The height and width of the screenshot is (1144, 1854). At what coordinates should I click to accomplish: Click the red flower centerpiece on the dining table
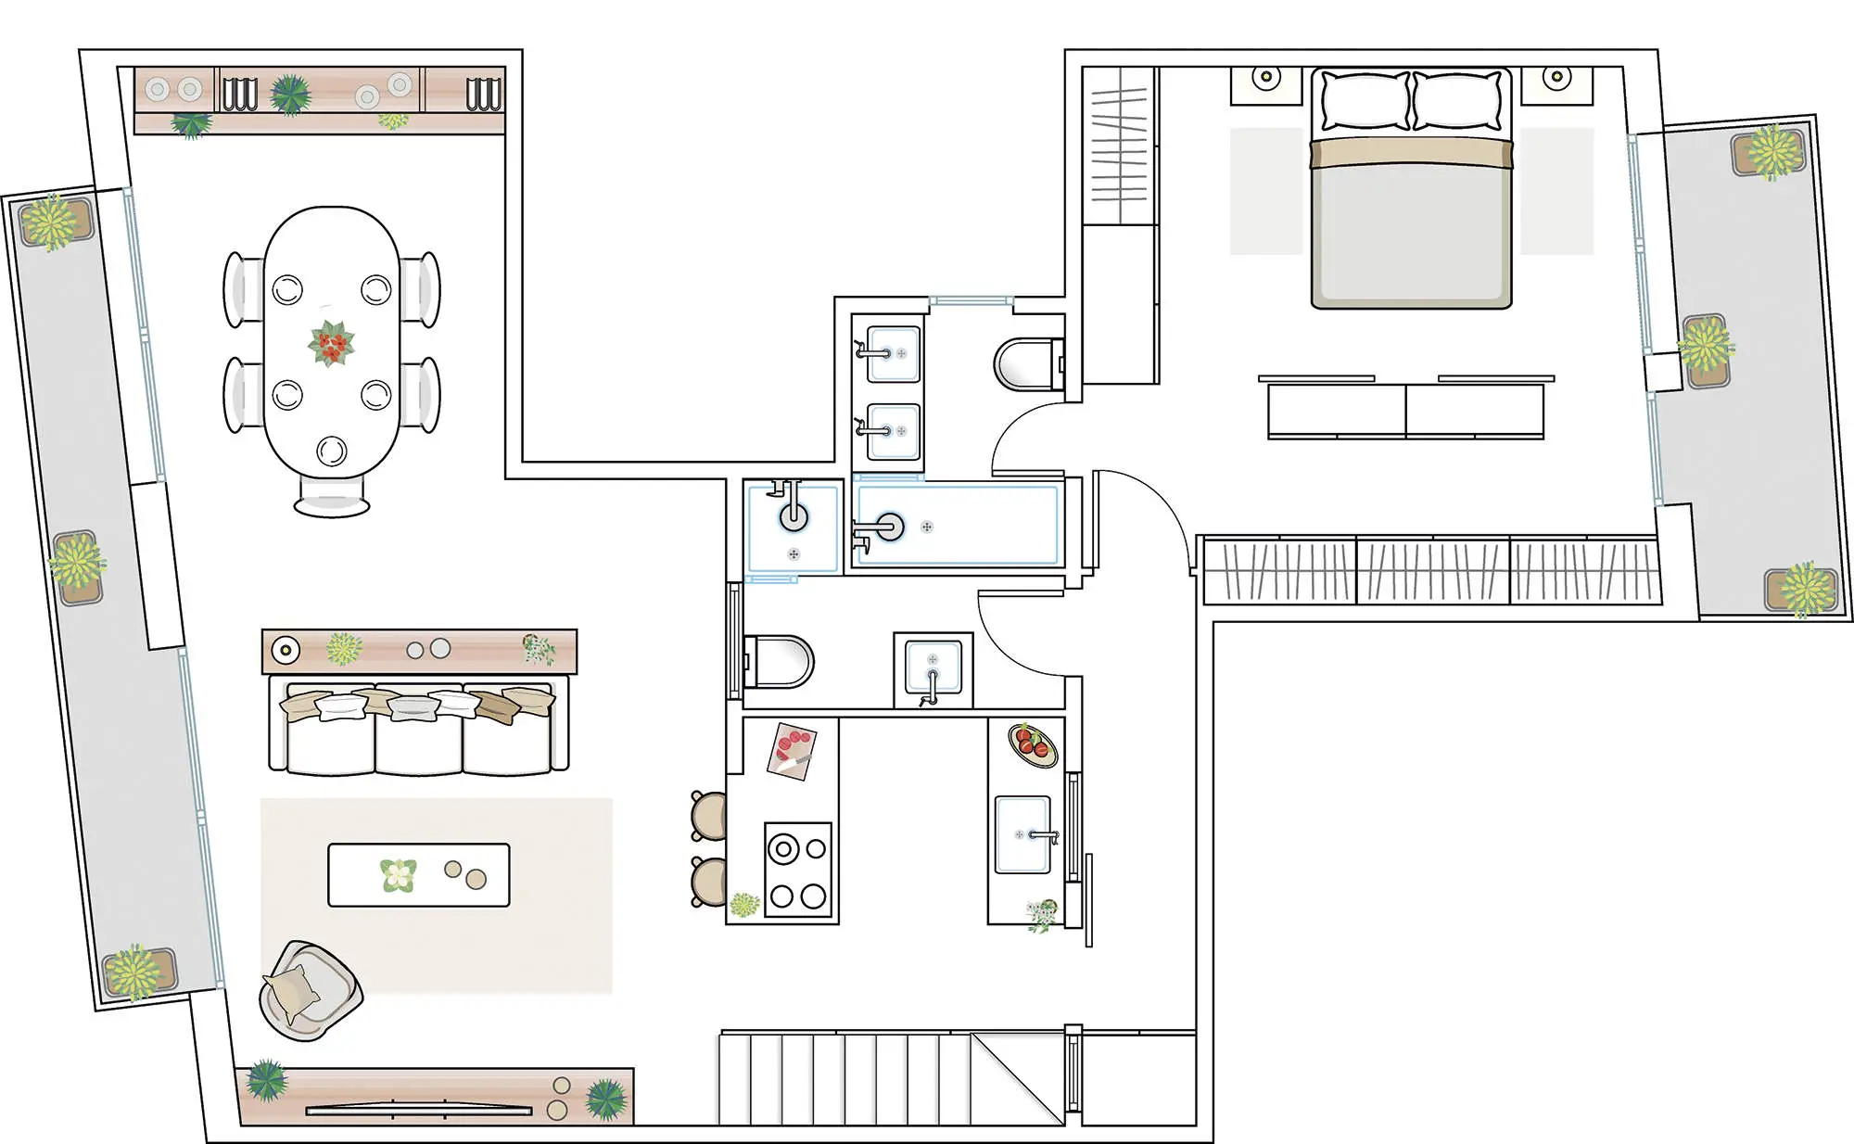(331, 344)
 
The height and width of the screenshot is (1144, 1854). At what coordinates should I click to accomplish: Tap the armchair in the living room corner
(309, 991)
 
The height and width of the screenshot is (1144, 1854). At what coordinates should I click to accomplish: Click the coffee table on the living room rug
(418, 874)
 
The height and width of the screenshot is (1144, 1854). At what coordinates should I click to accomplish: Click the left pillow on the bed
(1365, 101)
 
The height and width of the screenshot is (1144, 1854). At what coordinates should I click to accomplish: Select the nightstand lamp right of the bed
(1556, 77)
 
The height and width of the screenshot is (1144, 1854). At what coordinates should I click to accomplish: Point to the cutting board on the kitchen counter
(792, 750)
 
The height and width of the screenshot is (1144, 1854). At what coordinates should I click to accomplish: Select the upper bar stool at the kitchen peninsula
(709, 816)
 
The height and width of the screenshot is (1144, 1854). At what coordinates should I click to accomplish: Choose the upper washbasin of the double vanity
(894, 353)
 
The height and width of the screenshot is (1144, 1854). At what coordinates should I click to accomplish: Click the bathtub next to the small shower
(957, 526)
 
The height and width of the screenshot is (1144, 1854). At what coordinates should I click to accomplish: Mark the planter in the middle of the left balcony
(76, 566)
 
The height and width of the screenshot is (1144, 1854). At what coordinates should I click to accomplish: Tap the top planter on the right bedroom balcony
(1770, 152)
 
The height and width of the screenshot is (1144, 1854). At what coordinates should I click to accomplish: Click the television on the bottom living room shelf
(418, 1109)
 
